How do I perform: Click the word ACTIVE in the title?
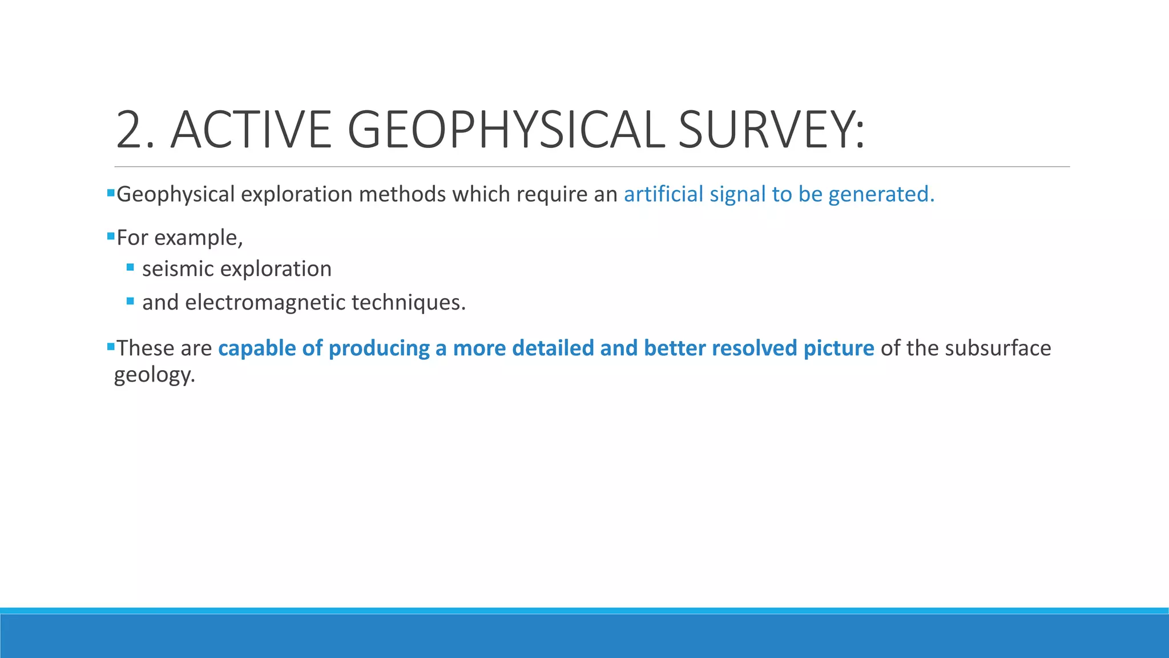click(251, 130)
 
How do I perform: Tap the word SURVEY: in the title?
click(771, 130)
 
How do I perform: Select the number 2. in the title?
click(135, 130)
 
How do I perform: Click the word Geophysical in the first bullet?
click(175, 195)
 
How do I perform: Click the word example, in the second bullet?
click(199, 238)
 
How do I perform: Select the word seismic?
click(178, 268)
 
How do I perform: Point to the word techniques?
click(409, 302)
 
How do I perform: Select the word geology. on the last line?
click(155, 375)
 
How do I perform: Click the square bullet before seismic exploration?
click(130, 267)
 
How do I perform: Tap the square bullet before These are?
click(111, 346)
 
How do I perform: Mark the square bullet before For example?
click(111, 235)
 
